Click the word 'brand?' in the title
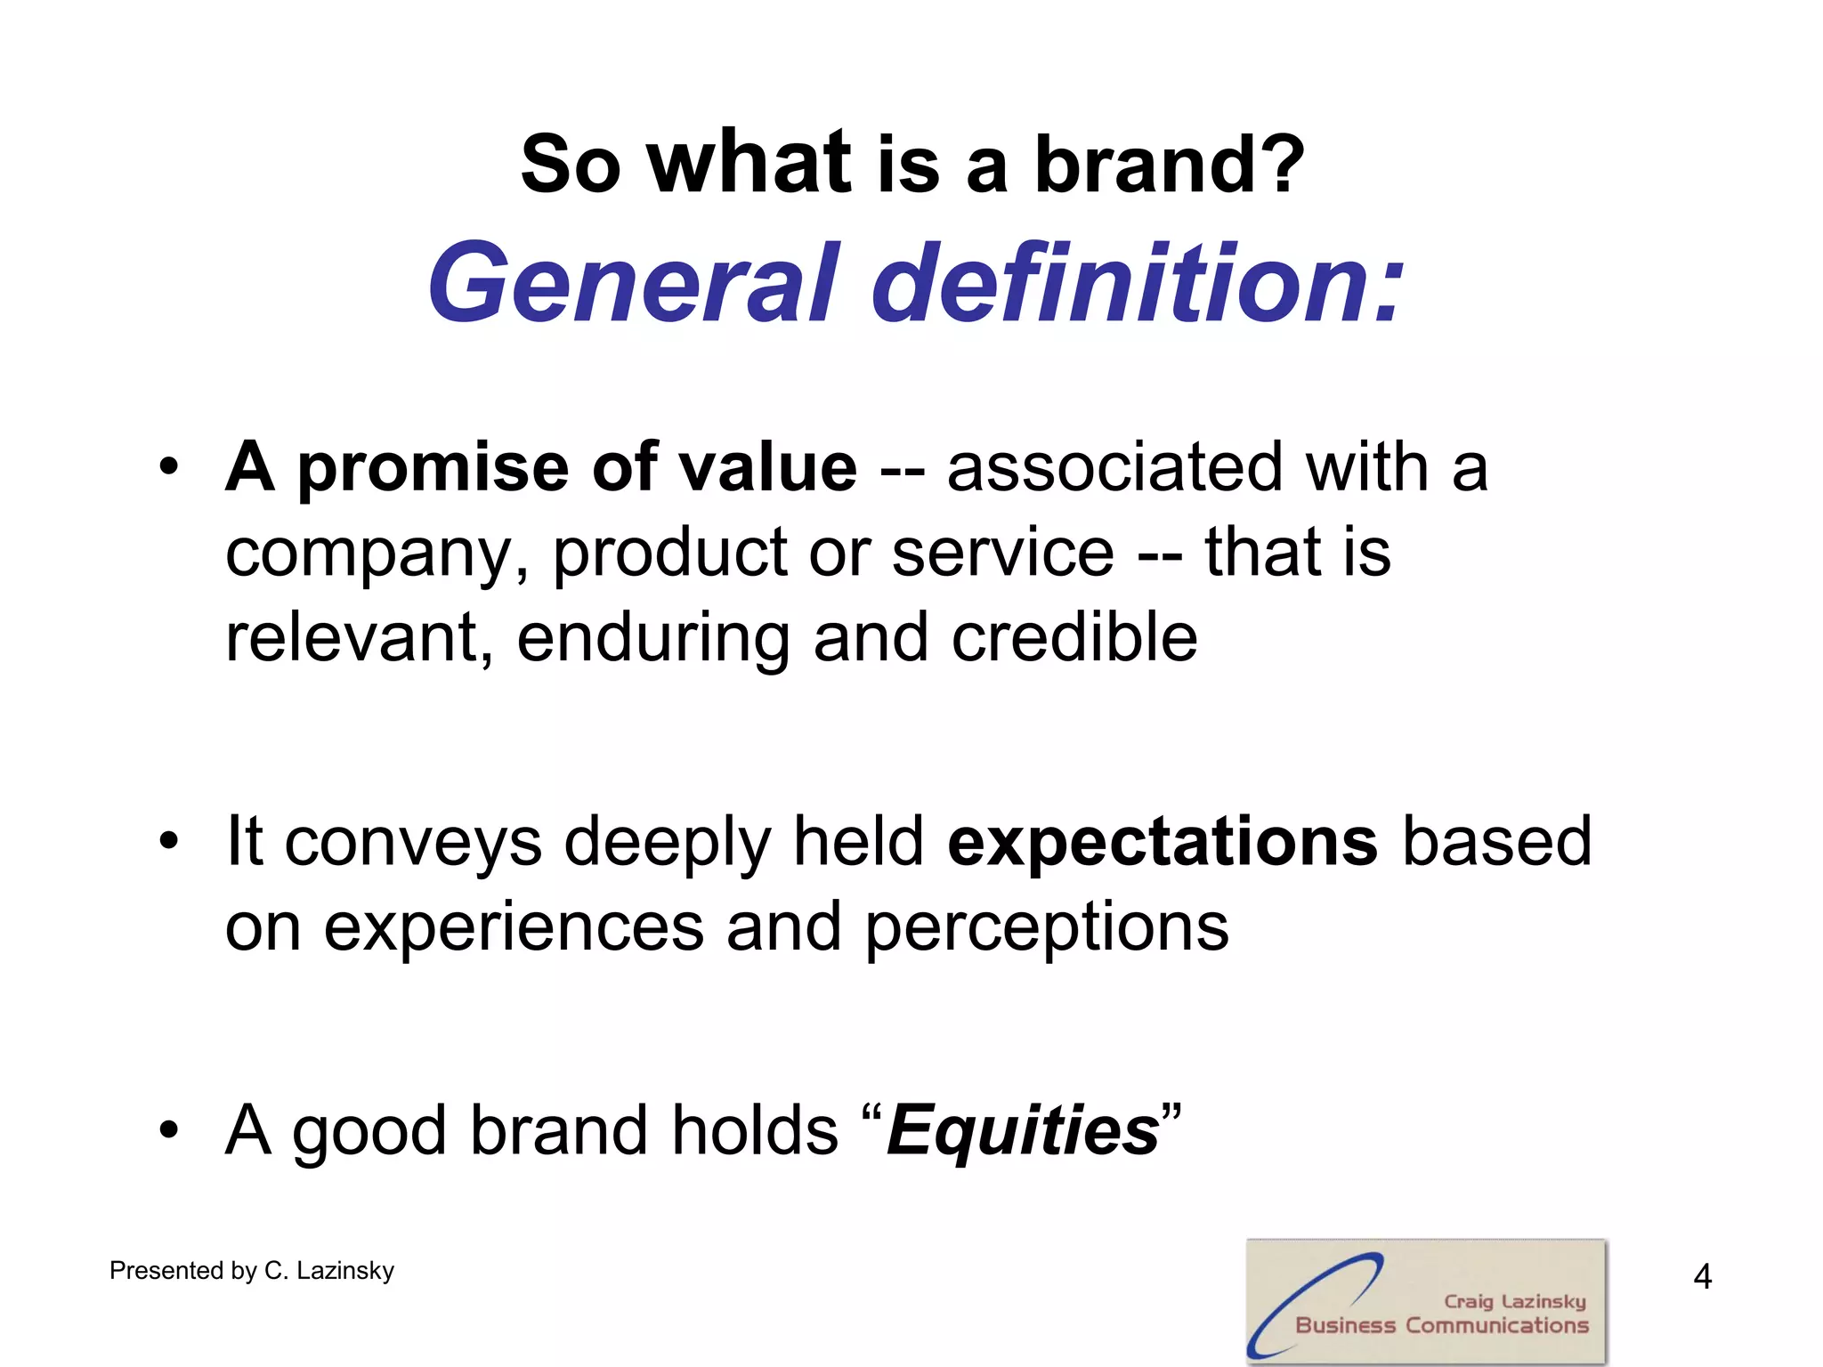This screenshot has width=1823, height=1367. (x=1169, y=165)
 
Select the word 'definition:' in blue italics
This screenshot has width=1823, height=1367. (x=1137, y=283)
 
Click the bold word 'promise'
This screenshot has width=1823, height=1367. (x=433, y=468)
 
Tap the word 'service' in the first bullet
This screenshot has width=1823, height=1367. (x=1002, y=553)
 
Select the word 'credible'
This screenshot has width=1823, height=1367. (x=1074, y=637)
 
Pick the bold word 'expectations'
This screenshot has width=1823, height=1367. (x=1163, y=842)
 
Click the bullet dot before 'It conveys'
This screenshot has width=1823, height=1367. (x=169, y=840)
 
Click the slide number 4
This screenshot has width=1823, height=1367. (x=1702, y=1277)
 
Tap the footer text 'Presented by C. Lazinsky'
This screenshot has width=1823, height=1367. (x=252, y=1271)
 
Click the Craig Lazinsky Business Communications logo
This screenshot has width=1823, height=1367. (x=1426, y=1301)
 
